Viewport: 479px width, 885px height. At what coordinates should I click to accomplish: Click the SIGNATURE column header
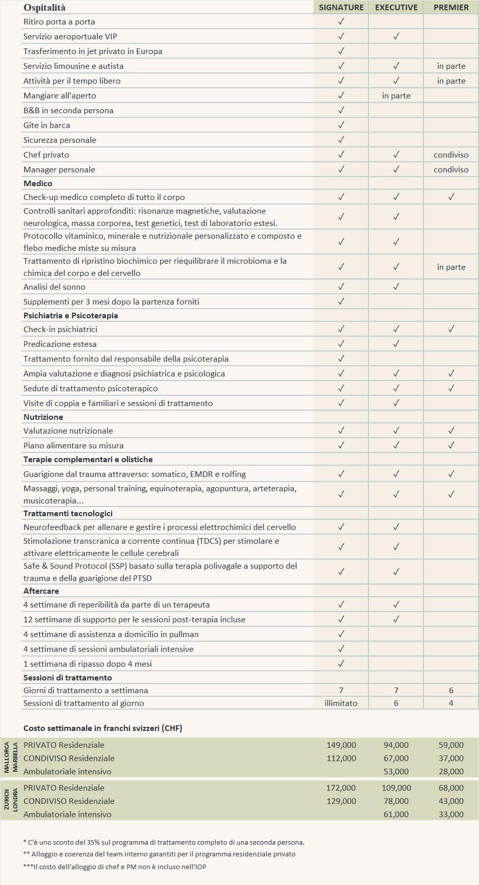coord(341,7)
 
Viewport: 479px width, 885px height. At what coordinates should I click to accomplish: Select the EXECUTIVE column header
coord(396,7)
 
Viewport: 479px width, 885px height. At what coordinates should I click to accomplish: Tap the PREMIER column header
coord(451,7)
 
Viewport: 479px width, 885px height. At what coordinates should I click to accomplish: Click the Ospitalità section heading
coord(44,8)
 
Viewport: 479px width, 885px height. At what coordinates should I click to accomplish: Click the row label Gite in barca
coord(47,125)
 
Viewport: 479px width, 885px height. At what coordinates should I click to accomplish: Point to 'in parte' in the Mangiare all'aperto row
coord(396,95)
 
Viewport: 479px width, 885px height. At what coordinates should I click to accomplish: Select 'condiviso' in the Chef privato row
coord(451,155)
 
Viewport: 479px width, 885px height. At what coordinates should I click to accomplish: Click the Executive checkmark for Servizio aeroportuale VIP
coord(396,36)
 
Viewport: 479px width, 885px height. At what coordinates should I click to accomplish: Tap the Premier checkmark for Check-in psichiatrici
coord(451,329)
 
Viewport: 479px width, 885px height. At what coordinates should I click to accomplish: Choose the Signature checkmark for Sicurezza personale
coord(341,140)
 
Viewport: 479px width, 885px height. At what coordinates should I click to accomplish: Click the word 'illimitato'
coord(341,703)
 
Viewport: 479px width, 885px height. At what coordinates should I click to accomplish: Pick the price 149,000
coord(341,745)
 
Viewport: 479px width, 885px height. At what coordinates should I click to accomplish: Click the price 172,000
coord(341,788)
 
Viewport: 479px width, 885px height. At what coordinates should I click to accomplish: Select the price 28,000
coord(451,771)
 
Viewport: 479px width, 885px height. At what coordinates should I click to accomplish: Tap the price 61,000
coord(396,814)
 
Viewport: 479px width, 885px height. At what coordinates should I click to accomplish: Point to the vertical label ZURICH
coord(7,799)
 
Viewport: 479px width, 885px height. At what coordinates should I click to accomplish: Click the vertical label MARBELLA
coord(15,757)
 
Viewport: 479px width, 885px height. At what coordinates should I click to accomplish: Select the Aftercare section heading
coord(41,591)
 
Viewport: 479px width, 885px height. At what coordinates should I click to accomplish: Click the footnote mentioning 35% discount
coord(164,842)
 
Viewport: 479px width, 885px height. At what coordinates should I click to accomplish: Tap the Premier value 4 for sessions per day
coord(451,703)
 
